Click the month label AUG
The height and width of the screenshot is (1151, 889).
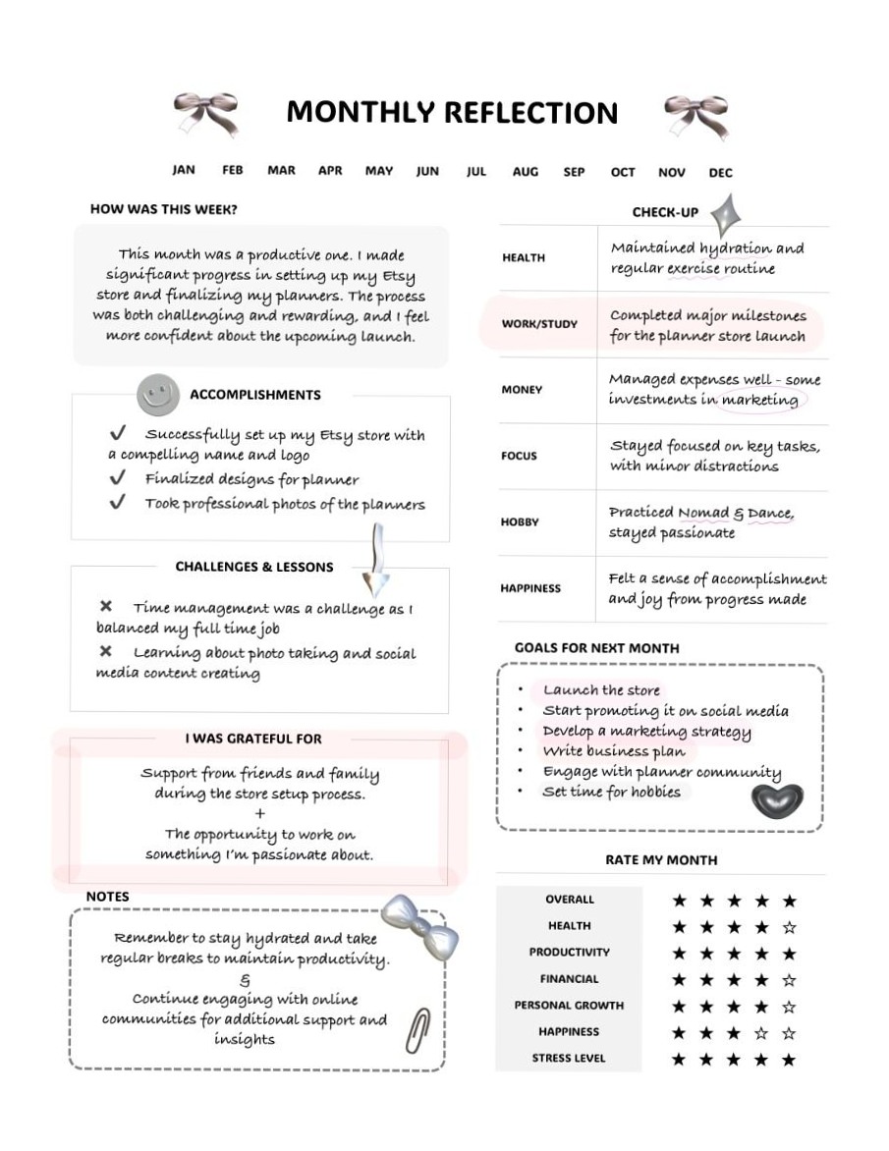525,172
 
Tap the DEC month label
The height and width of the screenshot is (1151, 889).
720,173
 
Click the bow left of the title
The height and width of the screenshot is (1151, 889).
205,113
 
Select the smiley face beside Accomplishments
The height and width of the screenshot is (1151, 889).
157,395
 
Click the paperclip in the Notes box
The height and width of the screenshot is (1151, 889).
419,1030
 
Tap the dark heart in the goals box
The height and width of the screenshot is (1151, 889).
777,799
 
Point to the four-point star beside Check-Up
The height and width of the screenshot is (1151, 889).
726,215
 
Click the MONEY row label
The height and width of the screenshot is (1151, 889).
522,390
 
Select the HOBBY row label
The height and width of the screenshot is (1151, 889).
520,522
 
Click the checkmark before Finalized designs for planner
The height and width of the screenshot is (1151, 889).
118,478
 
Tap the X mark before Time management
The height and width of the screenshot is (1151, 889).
106,607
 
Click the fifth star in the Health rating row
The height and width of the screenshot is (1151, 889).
789,927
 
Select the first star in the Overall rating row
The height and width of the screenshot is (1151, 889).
679,901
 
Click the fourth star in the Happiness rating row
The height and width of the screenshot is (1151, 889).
761,1033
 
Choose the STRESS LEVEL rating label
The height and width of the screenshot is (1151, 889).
569,1059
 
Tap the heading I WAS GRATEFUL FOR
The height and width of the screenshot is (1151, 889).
253,739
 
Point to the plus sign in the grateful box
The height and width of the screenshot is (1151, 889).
259,814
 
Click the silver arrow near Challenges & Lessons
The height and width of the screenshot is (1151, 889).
375,563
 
